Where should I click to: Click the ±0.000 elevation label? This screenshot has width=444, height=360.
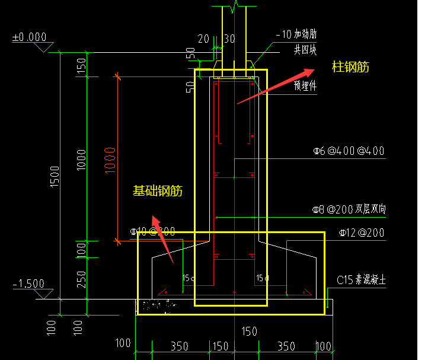[29, 37]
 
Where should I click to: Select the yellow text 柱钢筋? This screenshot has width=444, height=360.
[350, 67]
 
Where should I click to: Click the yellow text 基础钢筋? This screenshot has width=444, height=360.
[157, 191]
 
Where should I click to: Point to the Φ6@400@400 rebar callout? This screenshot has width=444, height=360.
[349, 151]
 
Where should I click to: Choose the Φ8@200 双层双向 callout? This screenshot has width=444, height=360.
[350, 209]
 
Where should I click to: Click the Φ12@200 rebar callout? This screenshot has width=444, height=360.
[362, 233]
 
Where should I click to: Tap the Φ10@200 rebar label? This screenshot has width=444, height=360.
[152, 231]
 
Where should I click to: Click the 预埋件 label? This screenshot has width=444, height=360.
[305, 85]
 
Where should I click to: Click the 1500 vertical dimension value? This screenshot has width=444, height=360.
[55, 177]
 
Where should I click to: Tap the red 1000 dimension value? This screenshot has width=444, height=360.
[110, 159]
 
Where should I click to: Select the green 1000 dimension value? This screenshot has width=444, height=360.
[81, 159]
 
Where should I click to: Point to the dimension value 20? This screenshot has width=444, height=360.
[203, 39]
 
